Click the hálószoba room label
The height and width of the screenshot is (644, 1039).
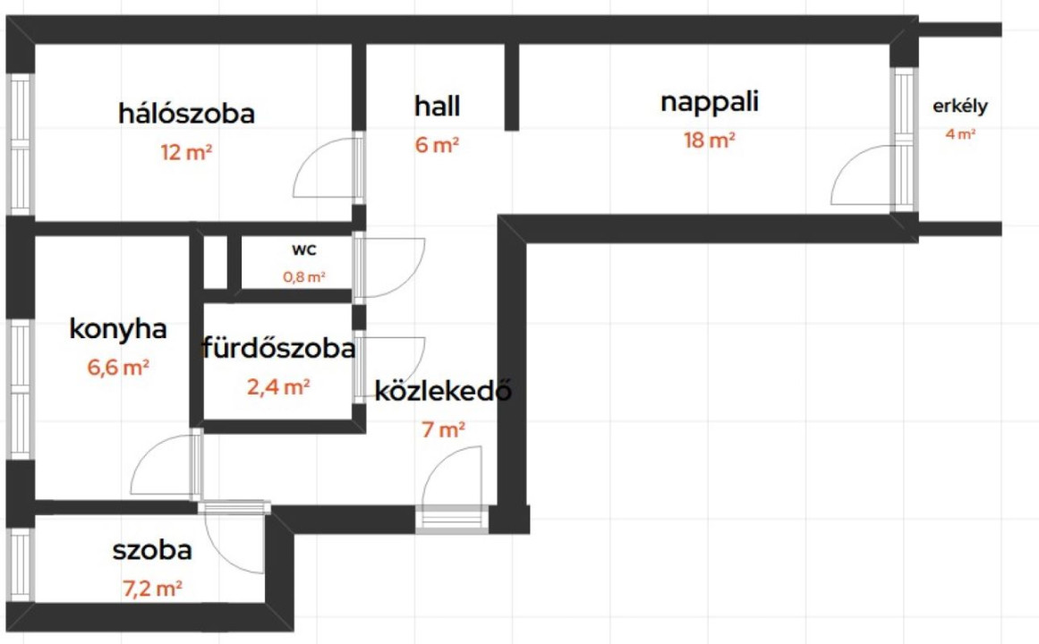tap(186, 114)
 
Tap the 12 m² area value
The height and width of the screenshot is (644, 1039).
tap(186, 152)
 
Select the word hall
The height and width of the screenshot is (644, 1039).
tap(438, 106)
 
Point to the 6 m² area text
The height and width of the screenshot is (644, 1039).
tap(438, 144)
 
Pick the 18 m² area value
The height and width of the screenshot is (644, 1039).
tap(710, 140)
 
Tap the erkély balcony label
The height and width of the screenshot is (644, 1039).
tap(960, 106)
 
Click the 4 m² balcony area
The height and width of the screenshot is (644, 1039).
tap(960, 134)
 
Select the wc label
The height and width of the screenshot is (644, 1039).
tap(304, 250)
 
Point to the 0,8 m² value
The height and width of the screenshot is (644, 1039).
tap(304, 277)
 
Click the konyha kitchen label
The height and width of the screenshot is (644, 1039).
tap(118, 328)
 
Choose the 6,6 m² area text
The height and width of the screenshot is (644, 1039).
tap(118, 367)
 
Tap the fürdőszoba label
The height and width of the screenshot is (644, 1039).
tap(279, 348)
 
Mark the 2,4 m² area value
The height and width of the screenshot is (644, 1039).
tap(279, 387)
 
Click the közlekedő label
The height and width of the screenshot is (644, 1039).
tap(443, 391)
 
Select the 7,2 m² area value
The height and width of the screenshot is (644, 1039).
tap(152, 589)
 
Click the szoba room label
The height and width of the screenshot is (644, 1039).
tap(152, 550)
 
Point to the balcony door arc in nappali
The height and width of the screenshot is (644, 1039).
tap(846, 163)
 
